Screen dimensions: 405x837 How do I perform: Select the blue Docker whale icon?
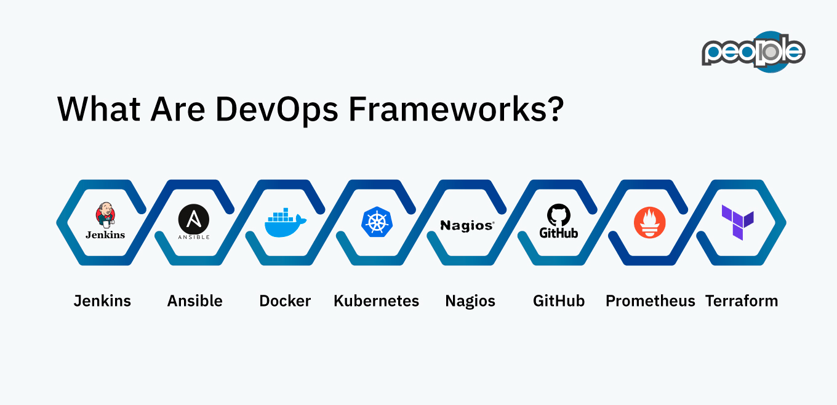tap(285, 223)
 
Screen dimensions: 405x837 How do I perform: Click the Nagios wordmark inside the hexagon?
tap(467, 226)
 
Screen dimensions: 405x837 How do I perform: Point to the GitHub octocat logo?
tap(559, 216)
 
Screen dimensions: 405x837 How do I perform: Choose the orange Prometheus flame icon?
tap(650, 222)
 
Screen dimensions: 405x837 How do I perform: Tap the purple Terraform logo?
tap(738, 222)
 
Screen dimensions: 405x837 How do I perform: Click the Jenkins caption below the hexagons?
tap(102, 301)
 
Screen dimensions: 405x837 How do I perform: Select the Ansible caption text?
tap(195, 301)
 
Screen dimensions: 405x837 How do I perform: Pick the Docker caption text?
tap(285, 301)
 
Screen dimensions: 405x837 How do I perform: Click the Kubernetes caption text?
tap(376, 301)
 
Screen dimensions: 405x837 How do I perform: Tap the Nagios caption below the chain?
tap(470, 301)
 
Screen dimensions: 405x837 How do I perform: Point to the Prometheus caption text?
tap(650, 301)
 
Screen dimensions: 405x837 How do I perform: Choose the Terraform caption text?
tap(742, 301)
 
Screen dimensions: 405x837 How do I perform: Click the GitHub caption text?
tap(559, 301)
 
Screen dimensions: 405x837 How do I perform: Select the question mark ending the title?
tap(554, 109)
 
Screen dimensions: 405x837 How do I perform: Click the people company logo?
tap(753, 52)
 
